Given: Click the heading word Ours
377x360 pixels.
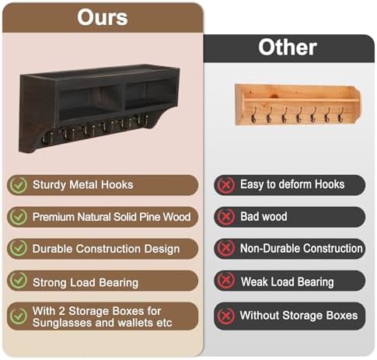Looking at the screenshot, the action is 103,17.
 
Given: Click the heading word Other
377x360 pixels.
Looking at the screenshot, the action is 288,47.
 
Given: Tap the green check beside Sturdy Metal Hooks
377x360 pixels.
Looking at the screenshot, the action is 18,185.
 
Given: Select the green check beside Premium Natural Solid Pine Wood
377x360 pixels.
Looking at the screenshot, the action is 18,217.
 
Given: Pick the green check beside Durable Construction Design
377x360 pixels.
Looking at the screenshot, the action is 18,249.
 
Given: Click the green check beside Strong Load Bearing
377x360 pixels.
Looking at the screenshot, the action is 18,281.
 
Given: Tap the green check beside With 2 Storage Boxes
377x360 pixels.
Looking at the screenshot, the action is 18,316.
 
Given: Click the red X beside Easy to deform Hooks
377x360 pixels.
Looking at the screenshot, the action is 226,185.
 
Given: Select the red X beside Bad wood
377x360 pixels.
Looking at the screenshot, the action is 226,217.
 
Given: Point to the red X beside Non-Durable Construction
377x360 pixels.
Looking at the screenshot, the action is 226,249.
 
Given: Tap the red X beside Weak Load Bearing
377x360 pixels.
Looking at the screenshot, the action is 226,281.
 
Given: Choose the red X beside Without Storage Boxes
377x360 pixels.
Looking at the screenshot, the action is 226,316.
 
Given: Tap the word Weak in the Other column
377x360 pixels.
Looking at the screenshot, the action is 255,281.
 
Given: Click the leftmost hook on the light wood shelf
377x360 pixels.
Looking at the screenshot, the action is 253,115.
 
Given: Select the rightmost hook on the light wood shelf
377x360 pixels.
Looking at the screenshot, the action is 340,115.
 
